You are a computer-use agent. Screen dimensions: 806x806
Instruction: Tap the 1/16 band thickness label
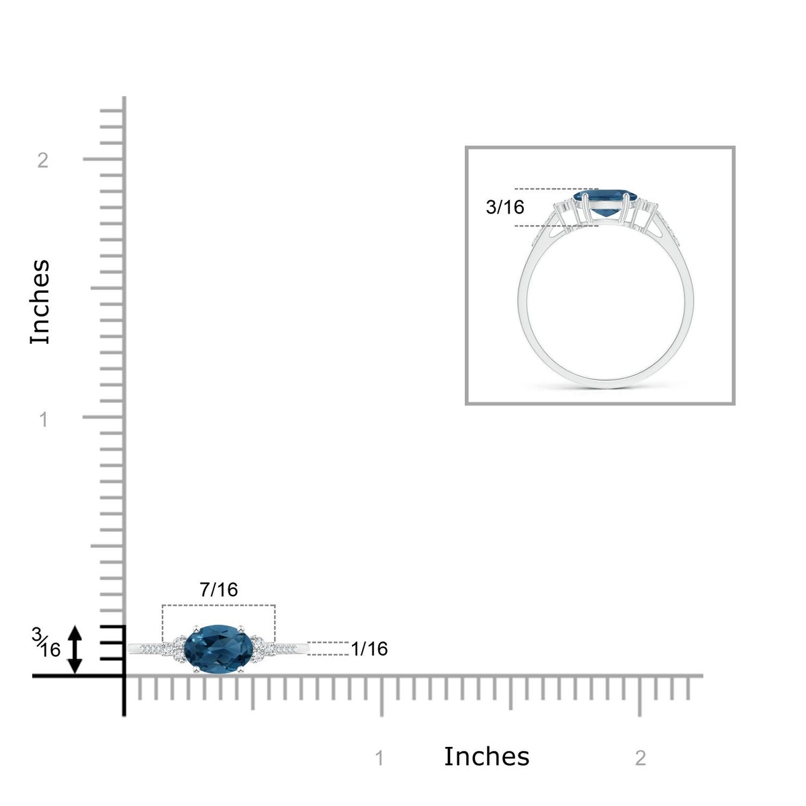tap(369, 649)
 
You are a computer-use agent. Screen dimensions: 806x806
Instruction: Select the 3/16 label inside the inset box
tap(504, 207)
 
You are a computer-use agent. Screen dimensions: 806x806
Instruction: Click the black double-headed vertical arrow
tap(75, 650)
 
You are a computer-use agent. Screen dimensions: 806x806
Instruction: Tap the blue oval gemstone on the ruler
tap(219, 649)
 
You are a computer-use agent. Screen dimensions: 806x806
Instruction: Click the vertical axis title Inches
tap(40, 302)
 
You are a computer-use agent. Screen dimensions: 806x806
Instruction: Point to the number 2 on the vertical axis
tap(43, 161)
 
